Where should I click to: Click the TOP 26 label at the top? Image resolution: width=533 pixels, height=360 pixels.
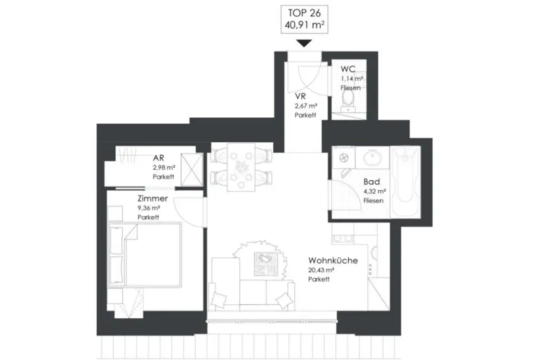coord(304,13)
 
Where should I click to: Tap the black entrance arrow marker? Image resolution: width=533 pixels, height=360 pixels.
coord(304,44)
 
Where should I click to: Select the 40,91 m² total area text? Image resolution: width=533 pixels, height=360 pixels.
coord(304,24)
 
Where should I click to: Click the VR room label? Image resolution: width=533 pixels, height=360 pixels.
coord(299,97)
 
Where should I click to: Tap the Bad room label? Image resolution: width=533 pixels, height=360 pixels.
coord(372,182)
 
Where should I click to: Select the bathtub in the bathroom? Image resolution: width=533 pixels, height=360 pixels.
coord(405,182)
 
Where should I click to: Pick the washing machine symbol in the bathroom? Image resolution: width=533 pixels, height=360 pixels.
coord(343,157)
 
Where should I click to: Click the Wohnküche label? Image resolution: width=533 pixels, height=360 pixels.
coord(333,260)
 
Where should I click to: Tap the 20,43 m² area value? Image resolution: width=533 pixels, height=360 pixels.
coord(321,270)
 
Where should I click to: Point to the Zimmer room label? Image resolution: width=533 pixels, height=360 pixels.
coord(153,198)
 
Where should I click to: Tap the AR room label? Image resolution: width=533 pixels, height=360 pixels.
coord(159,158)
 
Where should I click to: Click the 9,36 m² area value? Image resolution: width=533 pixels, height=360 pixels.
coord(149,208)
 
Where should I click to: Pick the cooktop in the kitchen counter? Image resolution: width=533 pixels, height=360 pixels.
coord(342,239)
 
